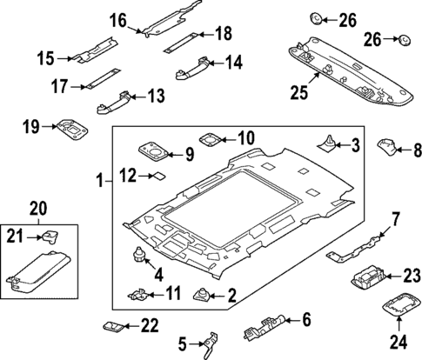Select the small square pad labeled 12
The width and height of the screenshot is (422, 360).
point(158,176)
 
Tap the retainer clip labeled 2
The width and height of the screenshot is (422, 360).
point(201,296)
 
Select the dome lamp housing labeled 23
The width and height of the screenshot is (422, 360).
point(372,282)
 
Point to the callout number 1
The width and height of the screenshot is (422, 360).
point(98,182)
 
